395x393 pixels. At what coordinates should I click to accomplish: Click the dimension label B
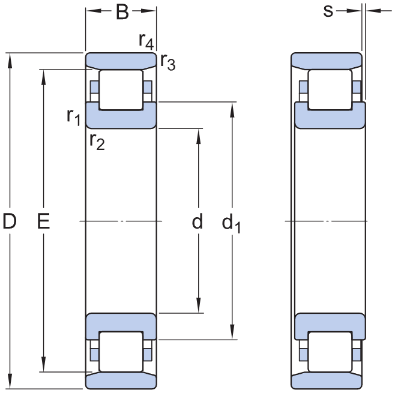click(122, 12)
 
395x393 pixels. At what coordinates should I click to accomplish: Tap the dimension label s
click(328, 11)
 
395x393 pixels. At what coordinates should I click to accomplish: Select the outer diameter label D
click(10, 221)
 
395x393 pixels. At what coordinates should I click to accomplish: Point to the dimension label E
click(44, 221)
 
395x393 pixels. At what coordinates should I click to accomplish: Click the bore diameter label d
click(197, 221)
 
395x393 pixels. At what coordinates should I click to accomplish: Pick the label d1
click(231, 223)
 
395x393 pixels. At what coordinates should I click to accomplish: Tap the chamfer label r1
click(74, 117)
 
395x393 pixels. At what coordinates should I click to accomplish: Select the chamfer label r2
click(97, 142)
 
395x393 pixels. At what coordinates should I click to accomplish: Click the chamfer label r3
click(167, 62)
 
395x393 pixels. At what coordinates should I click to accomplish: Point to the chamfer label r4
click(146, 41)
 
